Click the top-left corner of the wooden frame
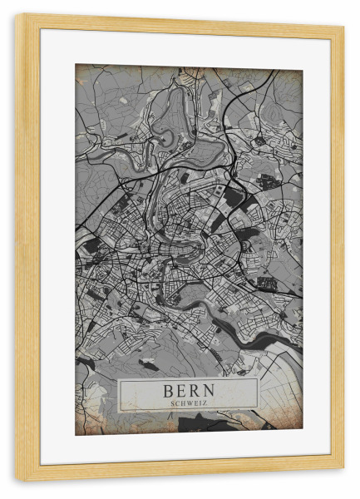16,15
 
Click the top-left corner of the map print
76,65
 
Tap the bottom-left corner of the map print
76,435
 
